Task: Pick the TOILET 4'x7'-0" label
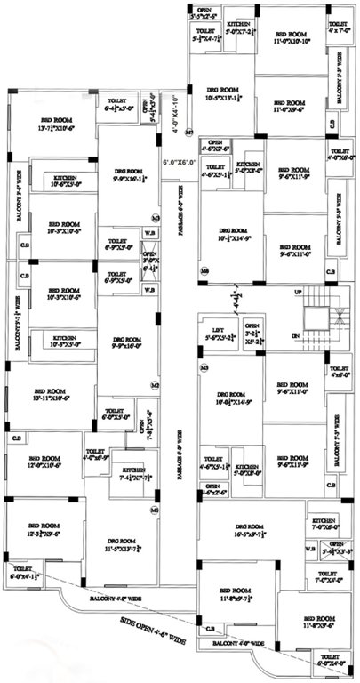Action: pos(339,27)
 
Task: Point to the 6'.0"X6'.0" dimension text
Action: pos(179,163)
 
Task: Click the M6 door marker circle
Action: pos(204,269)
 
